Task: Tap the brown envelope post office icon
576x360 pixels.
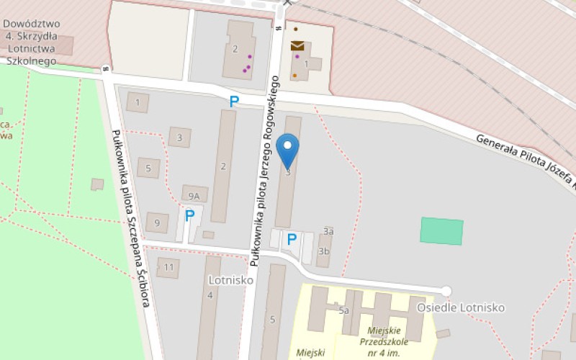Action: pyautogui.click(x=297, y=46)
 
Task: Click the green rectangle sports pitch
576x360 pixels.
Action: pyautogui.click(x=441, y=231)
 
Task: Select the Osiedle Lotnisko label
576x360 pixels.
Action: pyautogui.click(x=461, y=307)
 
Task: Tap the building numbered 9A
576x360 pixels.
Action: pyautogui.click(x=194, y=194)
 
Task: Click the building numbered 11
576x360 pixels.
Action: pyautogui.click(x=168, y=268)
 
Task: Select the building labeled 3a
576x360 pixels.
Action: pyautogui.click(x=328, y=231)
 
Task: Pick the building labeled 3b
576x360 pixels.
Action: pyautogui.click(x=323, y=251)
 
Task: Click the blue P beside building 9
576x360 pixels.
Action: pyautogui.click(x=190, y=215)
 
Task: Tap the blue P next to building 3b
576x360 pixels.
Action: pyautogui.click(x=292, y=238)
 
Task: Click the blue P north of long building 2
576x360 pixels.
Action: pyautogui.click(x=233, y=102)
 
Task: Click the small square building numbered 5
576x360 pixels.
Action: pyautogui.click(x=148, y=168)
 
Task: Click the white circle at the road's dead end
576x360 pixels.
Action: pyautogui.click(x=446, y=291)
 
